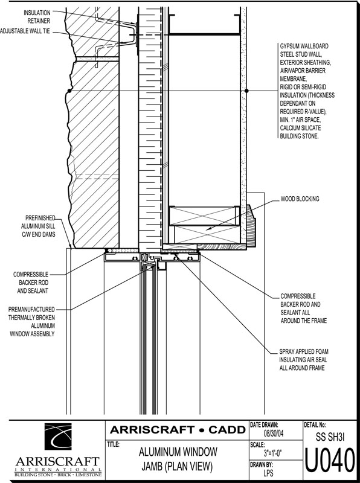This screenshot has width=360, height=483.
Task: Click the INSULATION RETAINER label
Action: pos(37,17)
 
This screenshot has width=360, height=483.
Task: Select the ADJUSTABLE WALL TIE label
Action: pos(25,31)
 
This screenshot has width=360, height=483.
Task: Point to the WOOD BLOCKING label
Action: pos(300,199)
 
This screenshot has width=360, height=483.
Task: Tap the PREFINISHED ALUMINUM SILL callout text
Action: pos(38,226)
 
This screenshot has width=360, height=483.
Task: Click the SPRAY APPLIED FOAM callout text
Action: pos(304,359)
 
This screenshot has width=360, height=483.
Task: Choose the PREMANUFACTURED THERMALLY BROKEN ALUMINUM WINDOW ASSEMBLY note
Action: pos(32,322)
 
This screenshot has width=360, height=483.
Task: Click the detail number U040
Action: pos(330,461)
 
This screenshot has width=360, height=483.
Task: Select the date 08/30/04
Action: pos(274,434)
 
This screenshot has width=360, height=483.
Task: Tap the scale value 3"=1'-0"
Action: pos(273,453)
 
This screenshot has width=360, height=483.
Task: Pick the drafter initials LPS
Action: pos(268,473)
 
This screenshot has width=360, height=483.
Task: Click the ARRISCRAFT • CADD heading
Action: pos(178,430)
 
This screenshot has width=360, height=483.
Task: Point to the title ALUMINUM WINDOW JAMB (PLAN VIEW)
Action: pos(178,459)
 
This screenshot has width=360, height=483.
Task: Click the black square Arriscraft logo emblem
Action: pos(58,437)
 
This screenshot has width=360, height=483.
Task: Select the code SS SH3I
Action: pos(330,437)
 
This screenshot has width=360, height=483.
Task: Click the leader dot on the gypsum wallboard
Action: pos(246,91)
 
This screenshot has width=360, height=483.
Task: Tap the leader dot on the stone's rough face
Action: pos(69,91)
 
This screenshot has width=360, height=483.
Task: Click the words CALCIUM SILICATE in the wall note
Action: pos(301,128)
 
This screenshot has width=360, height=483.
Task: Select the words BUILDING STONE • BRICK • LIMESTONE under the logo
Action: pos(58,474)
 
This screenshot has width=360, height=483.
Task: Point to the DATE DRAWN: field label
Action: pos(265,425)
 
